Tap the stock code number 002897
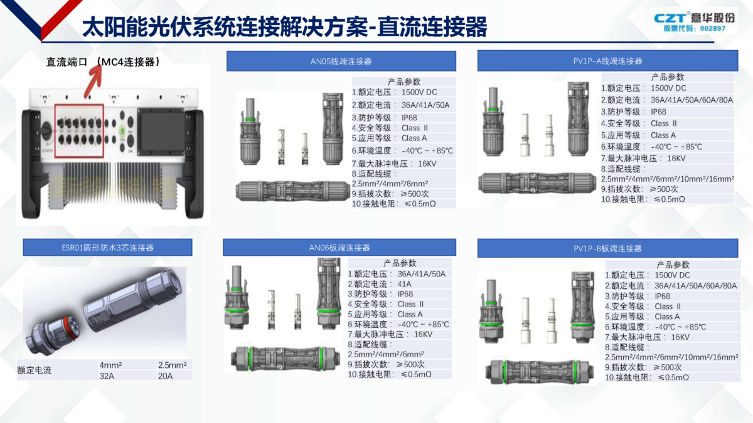[713, 29]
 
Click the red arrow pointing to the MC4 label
[93, 82]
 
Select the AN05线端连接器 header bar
[341, 61]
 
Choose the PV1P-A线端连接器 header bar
[608, 61]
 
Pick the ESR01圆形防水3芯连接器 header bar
[107, 248]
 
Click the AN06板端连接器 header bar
[339, 248]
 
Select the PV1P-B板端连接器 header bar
[608, 248]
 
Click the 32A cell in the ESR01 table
[107, 376]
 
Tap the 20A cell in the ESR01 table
[166, 376]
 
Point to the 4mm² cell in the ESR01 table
[110, 365]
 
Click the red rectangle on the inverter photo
[79, 130]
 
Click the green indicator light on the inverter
[122, 131]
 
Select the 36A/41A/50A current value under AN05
[425, 105]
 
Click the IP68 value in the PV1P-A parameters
[658, 112]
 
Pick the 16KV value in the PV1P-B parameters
[680, 337]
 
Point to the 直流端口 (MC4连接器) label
[103, 62]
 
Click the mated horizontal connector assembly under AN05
[293, 191]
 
